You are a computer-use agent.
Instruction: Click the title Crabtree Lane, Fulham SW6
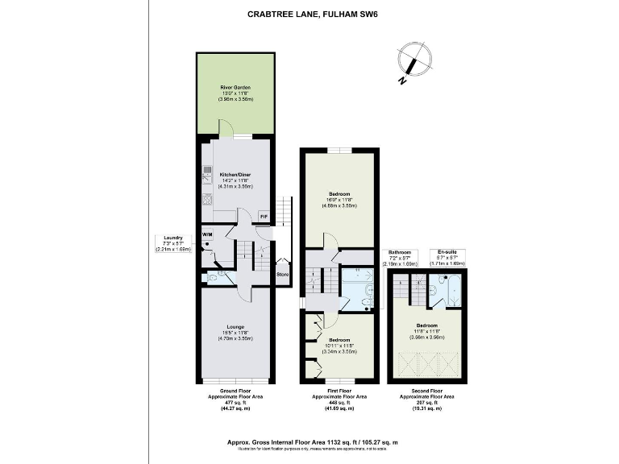pyautogui.click(x=309, y=13)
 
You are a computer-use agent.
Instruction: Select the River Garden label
pyautogui.click(x=236, y=93)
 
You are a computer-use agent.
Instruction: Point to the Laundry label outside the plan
pyautogui.click(x=173, y=243)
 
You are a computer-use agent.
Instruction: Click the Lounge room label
pyautogui.click(x=236, y=333)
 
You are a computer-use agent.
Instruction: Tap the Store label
pyautogui.click(x=282, y=275)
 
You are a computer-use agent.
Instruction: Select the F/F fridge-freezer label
pyautogui.click(x=264, y=217)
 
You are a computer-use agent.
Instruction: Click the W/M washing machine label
pyautogui.click(x=207, y=234)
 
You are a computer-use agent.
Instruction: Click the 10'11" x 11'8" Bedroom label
pyautogui.click(x=339, y=346)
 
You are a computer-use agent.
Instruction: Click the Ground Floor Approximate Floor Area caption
pyautogui.click(x=236, y=403)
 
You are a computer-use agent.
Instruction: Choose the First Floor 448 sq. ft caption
pyautogui.click(x=339, y=403)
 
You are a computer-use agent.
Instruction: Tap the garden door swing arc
pyautogui.click(x=226, y=127)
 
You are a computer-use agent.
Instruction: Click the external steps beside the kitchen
pyautogui.click(x=282, y=211)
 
